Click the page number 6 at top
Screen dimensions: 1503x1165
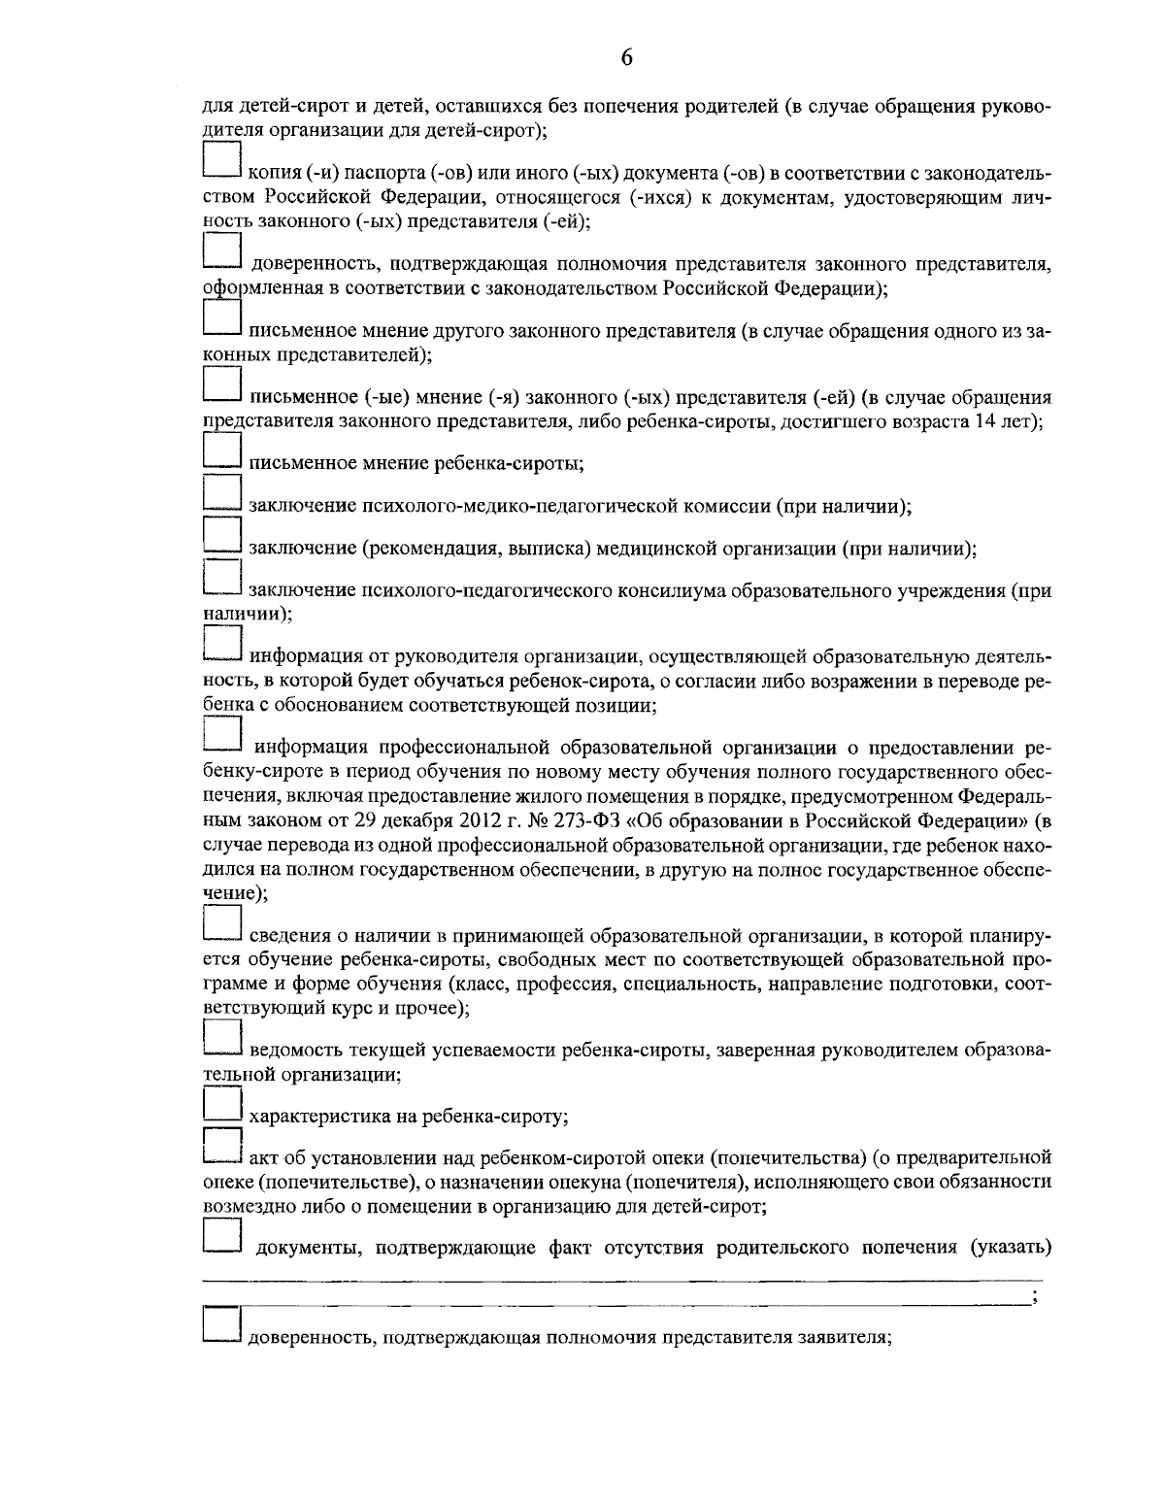pyautogui.click(x=626, y=57)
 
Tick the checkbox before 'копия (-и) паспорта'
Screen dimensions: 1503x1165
pyautogui.click(x=221, y=161)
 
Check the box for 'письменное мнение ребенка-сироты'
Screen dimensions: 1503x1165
pyautogui.click(x=221, y=451)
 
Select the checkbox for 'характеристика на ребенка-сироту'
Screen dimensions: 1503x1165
pyautogui.click(x=221, y=1105)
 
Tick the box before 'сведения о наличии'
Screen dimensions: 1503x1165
pyautogui.click(x=221, y=923)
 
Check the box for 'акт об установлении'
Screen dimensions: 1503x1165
pyautogui.click(x=221, y=1147)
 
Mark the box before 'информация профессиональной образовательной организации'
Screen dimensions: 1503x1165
pyautogui.click(x=221, y=734)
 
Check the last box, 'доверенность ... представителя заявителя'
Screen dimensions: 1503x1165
pyautogui.click(x=221, y=1325)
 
